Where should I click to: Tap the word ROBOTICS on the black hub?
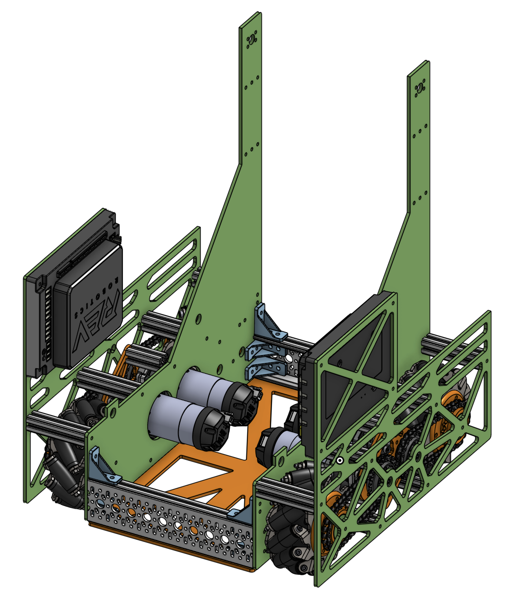[x=96, y=296]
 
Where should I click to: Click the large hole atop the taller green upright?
[x=251, y=39]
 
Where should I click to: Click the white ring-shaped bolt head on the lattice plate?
[x=339, y=461]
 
